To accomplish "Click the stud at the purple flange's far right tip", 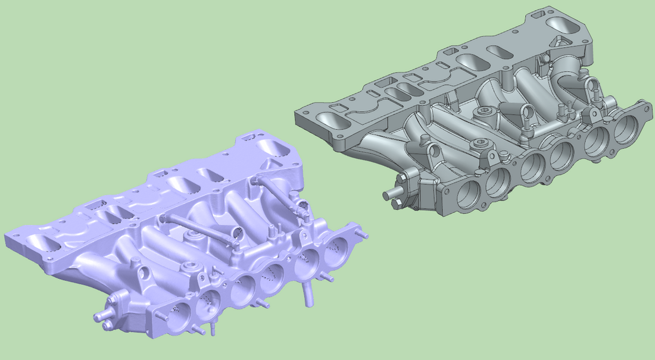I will (x=364, y=236).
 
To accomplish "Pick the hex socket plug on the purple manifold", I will (x=191, y=265).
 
